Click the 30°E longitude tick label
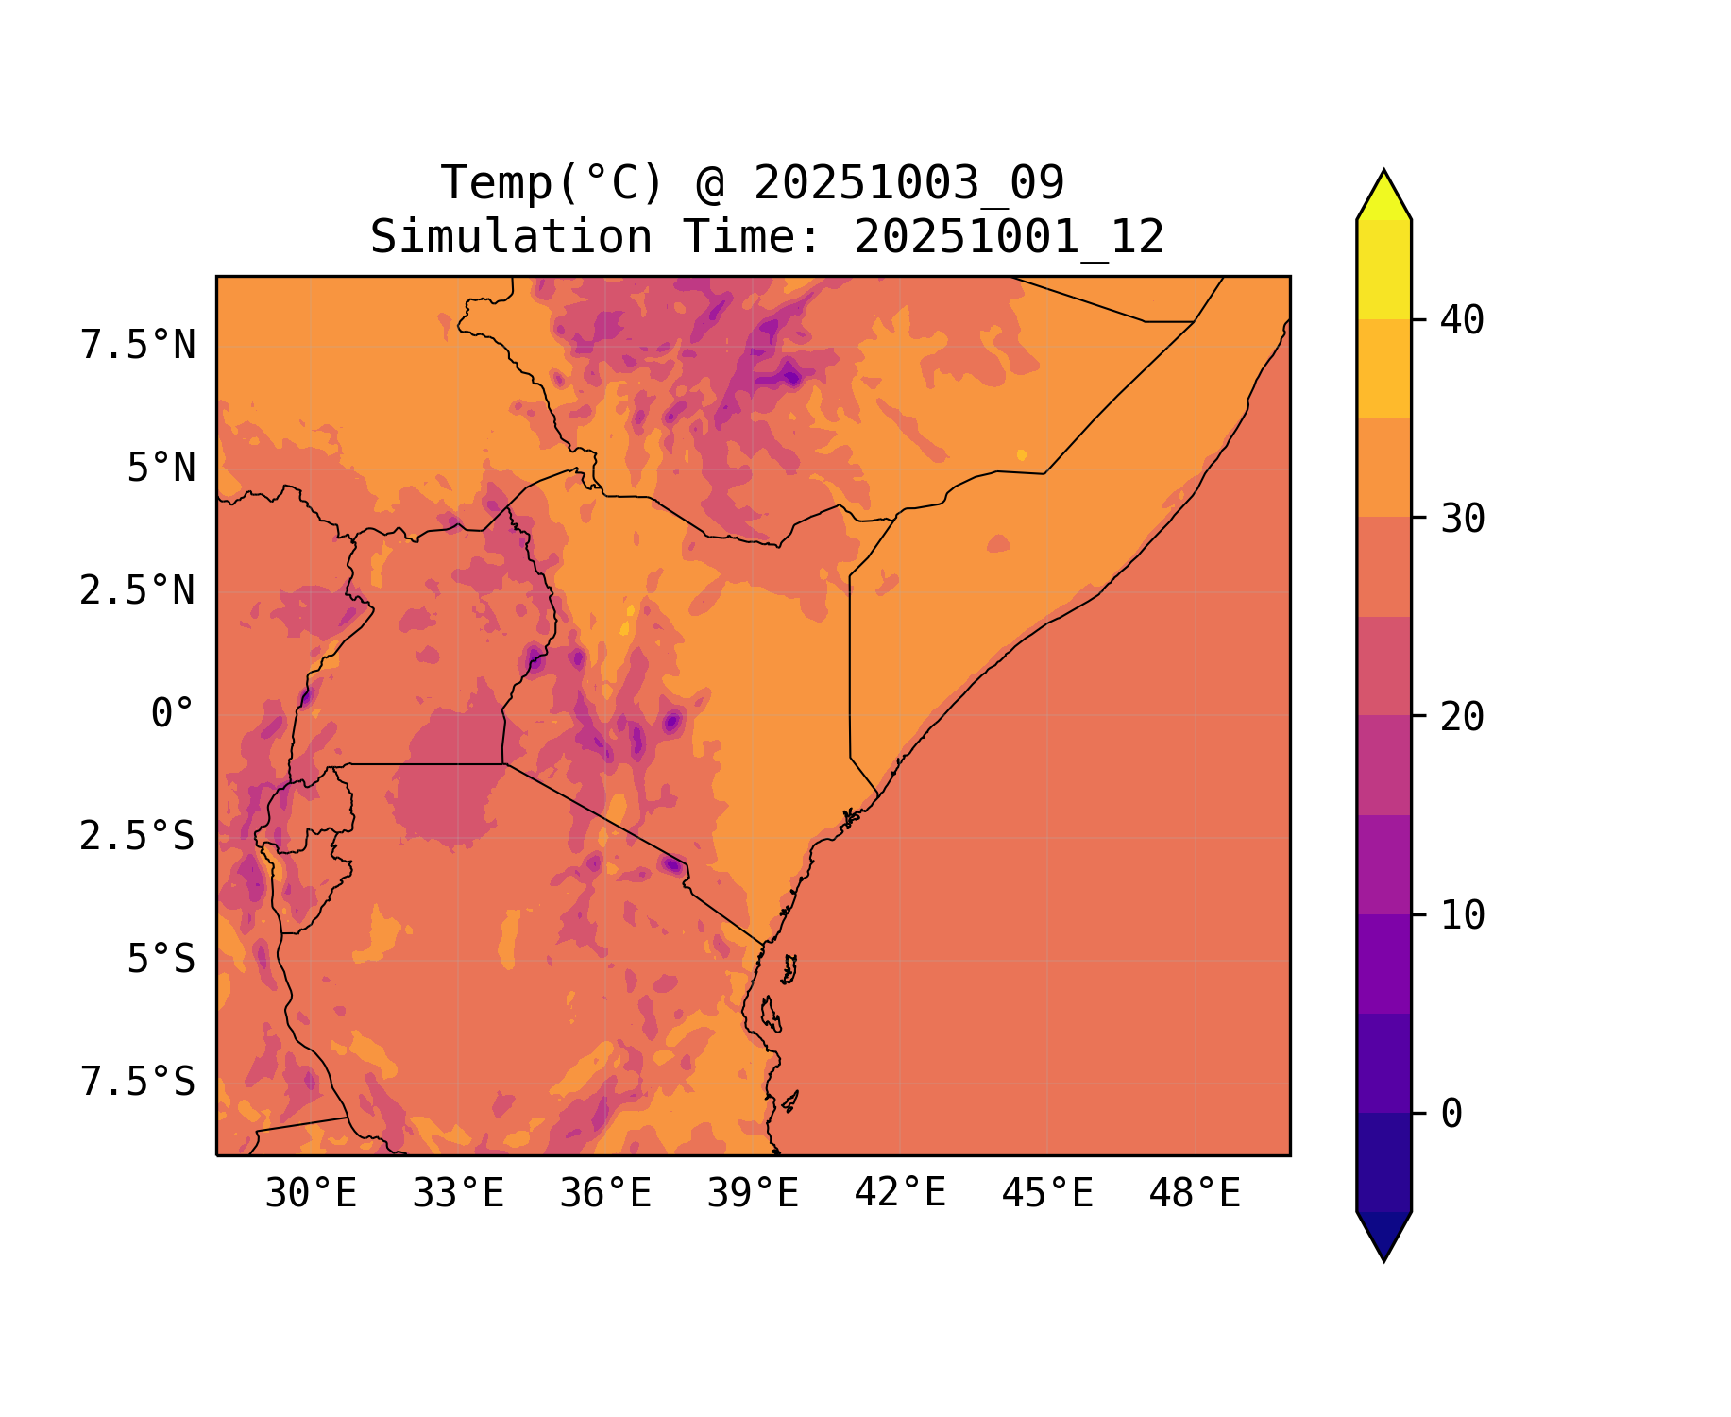311,1194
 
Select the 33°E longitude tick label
458,1194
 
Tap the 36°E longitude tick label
605,1194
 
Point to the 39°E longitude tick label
753,1194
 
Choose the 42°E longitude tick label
900,1194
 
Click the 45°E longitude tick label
1047,1194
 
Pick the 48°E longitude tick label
1195,1194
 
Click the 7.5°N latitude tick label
138,346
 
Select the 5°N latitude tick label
161,469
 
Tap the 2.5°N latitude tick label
138,591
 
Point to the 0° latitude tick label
173,714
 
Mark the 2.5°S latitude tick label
138,837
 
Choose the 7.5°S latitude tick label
138,1083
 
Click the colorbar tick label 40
1462,320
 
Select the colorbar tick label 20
1462,717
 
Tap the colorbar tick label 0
1451,1115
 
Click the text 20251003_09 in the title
908,183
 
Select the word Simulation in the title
511,237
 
